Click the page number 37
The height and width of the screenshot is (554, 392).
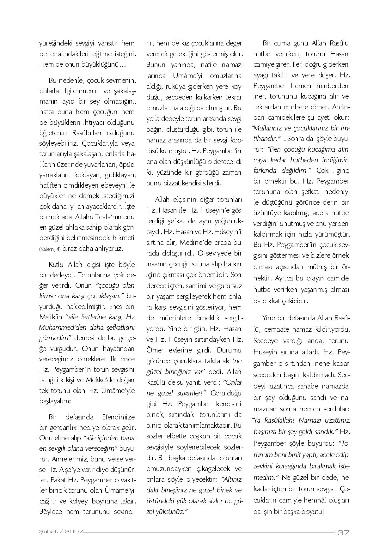pos(343,533)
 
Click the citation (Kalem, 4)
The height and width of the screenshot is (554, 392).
pos(50,249)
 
